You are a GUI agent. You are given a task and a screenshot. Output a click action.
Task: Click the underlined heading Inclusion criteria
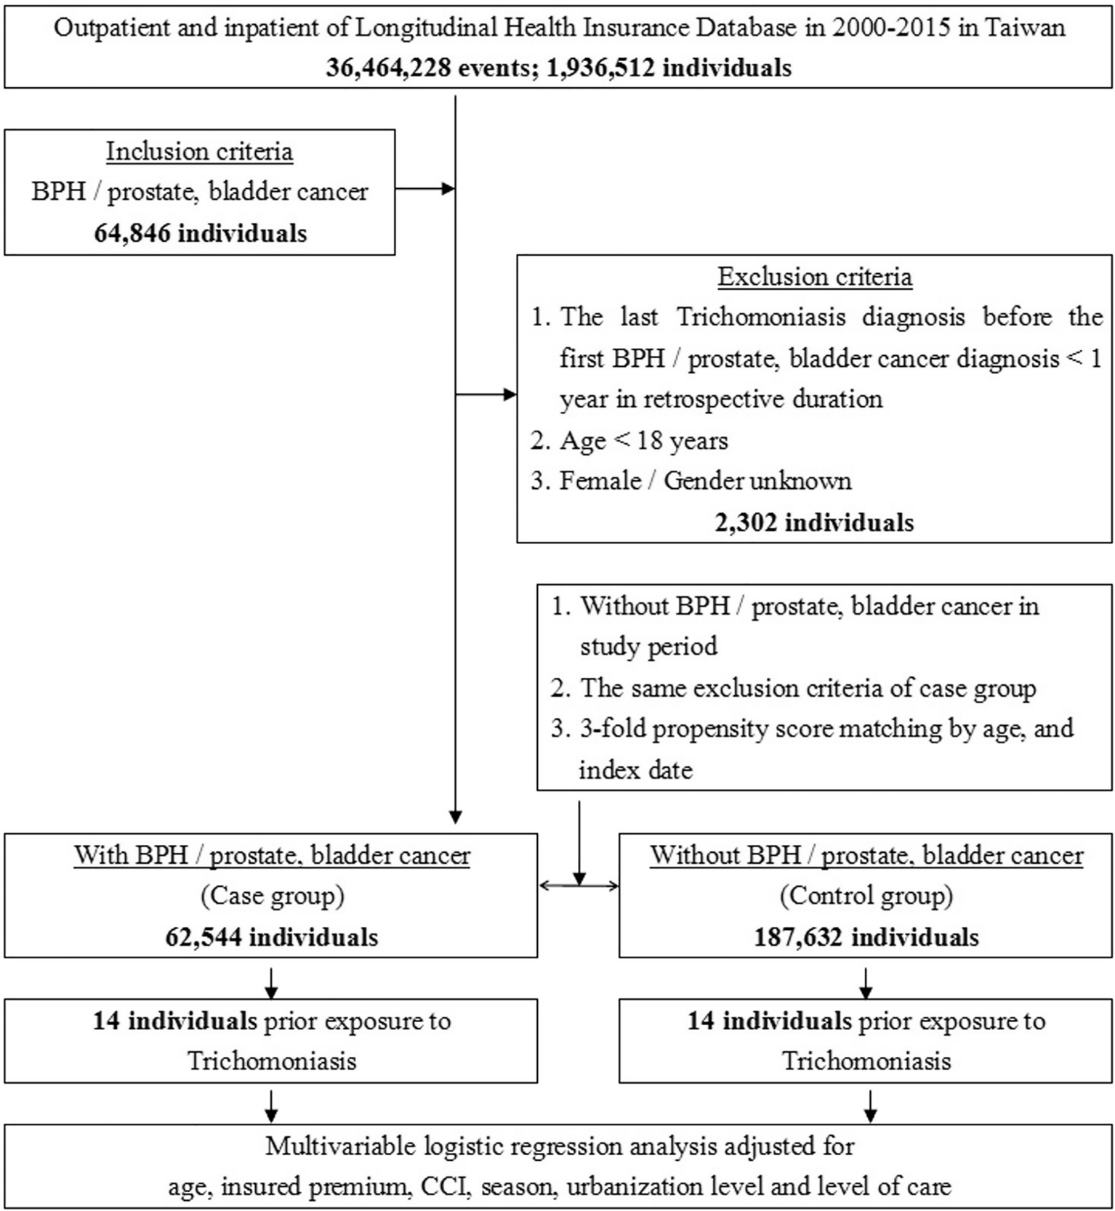point(199,151)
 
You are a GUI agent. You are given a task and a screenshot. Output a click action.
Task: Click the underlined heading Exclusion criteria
point(814,277)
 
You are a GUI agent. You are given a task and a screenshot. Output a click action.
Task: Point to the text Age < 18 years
point(643,440)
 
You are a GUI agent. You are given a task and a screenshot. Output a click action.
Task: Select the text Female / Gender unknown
point(704,481)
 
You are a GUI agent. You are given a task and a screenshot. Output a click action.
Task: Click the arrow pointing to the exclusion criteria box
point(487,395)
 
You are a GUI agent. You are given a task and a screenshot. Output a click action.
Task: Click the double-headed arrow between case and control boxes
point(579,885)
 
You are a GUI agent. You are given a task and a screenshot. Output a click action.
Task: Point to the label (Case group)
point(271,896)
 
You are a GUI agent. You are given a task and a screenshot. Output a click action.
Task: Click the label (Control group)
point(866,896)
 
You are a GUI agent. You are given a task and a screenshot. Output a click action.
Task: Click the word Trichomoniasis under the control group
point(866,1061)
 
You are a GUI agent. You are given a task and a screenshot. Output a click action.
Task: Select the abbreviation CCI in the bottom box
point(447,1186)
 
